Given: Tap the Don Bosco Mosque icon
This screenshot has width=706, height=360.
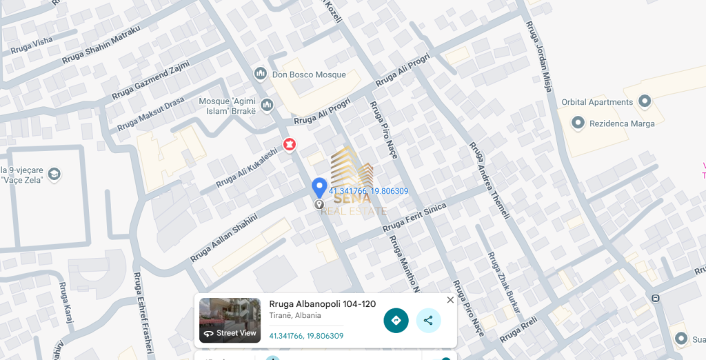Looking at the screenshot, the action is tap(261, 74).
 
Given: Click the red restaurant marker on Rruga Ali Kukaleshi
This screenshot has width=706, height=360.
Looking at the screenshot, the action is tap(289, 144).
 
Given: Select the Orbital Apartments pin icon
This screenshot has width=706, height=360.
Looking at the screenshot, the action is tap(645, 102).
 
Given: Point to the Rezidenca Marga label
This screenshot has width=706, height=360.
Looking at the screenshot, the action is tap(621, 123).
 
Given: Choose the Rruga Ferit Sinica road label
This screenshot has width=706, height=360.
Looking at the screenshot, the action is tap(414, 217).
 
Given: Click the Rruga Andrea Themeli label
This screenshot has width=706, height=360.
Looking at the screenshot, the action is tap(490, 181).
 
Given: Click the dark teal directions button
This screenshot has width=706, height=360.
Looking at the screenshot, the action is tap(396, 320).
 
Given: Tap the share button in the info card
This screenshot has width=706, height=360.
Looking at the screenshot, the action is tap(428, 320).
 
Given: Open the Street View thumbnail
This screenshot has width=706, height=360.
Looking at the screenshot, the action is tap(230, 320).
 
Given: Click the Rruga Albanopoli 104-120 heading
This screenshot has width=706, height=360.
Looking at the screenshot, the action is tap(322, 304).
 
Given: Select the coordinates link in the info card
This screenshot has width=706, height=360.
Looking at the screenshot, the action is tap(306, 336).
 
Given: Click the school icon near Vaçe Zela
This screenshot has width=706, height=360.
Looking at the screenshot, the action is tap(54, 173).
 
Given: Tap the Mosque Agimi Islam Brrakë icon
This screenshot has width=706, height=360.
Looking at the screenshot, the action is tap(268, 105).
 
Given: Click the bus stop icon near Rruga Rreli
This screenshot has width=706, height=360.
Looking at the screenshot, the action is tap(656, 299).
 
